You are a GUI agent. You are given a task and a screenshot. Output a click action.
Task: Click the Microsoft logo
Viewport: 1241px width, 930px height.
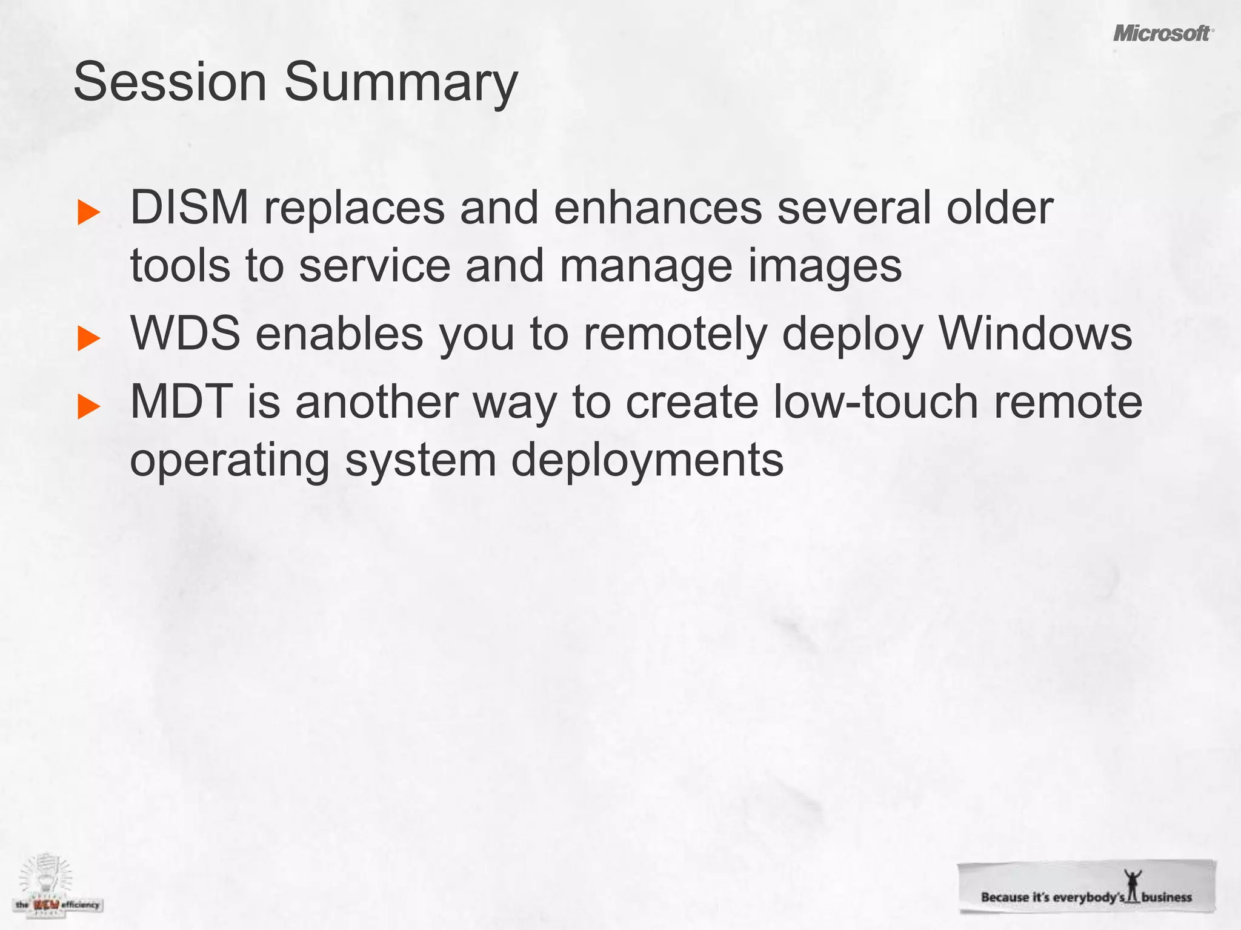tap(1162, 33)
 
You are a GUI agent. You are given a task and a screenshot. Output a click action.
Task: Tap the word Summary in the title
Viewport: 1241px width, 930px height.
tap(401, 84)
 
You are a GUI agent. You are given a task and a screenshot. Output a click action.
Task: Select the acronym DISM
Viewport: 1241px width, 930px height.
tap(189, 208)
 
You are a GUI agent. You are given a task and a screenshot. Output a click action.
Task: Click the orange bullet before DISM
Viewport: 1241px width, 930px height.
tap(89, 213)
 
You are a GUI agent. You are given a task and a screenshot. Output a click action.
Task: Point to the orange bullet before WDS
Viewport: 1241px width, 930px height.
tap(89, 339)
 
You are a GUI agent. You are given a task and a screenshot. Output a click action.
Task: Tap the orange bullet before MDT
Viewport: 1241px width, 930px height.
tap(89, 407)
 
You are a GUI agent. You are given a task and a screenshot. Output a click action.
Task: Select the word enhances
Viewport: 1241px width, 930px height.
tap(657, 208)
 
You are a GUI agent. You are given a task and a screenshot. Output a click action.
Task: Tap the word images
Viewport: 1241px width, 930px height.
tap(825, 266)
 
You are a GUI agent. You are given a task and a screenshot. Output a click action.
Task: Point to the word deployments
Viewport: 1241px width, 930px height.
tap(647, 461)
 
